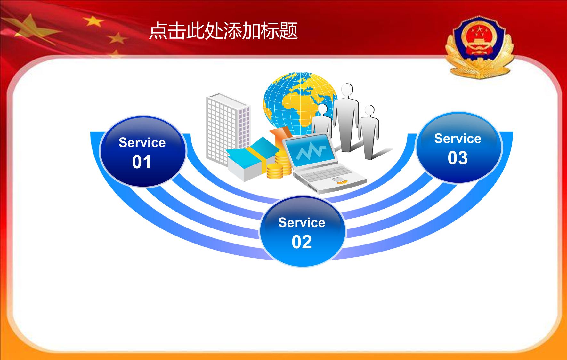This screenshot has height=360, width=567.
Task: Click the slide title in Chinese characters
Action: coord(223,31)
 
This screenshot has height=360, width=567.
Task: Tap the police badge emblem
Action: coord(479,47)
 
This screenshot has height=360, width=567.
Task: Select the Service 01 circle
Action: coord(143,151)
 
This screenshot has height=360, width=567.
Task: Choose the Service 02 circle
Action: coord(303,231)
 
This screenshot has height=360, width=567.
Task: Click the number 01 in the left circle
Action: coord(142,162)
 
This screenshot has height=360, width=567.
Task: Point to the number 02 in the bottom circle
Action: coord(302,242)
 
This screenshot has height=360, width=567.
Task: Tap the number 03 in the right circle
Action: coord(458,158)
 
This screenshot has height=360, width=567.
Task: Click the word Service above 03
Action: coord(458,139)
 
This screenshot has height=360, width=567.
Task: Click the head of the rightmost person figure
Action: coord(369,111)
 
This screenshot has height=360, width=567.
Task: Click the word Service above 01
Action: coord(142,142)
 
